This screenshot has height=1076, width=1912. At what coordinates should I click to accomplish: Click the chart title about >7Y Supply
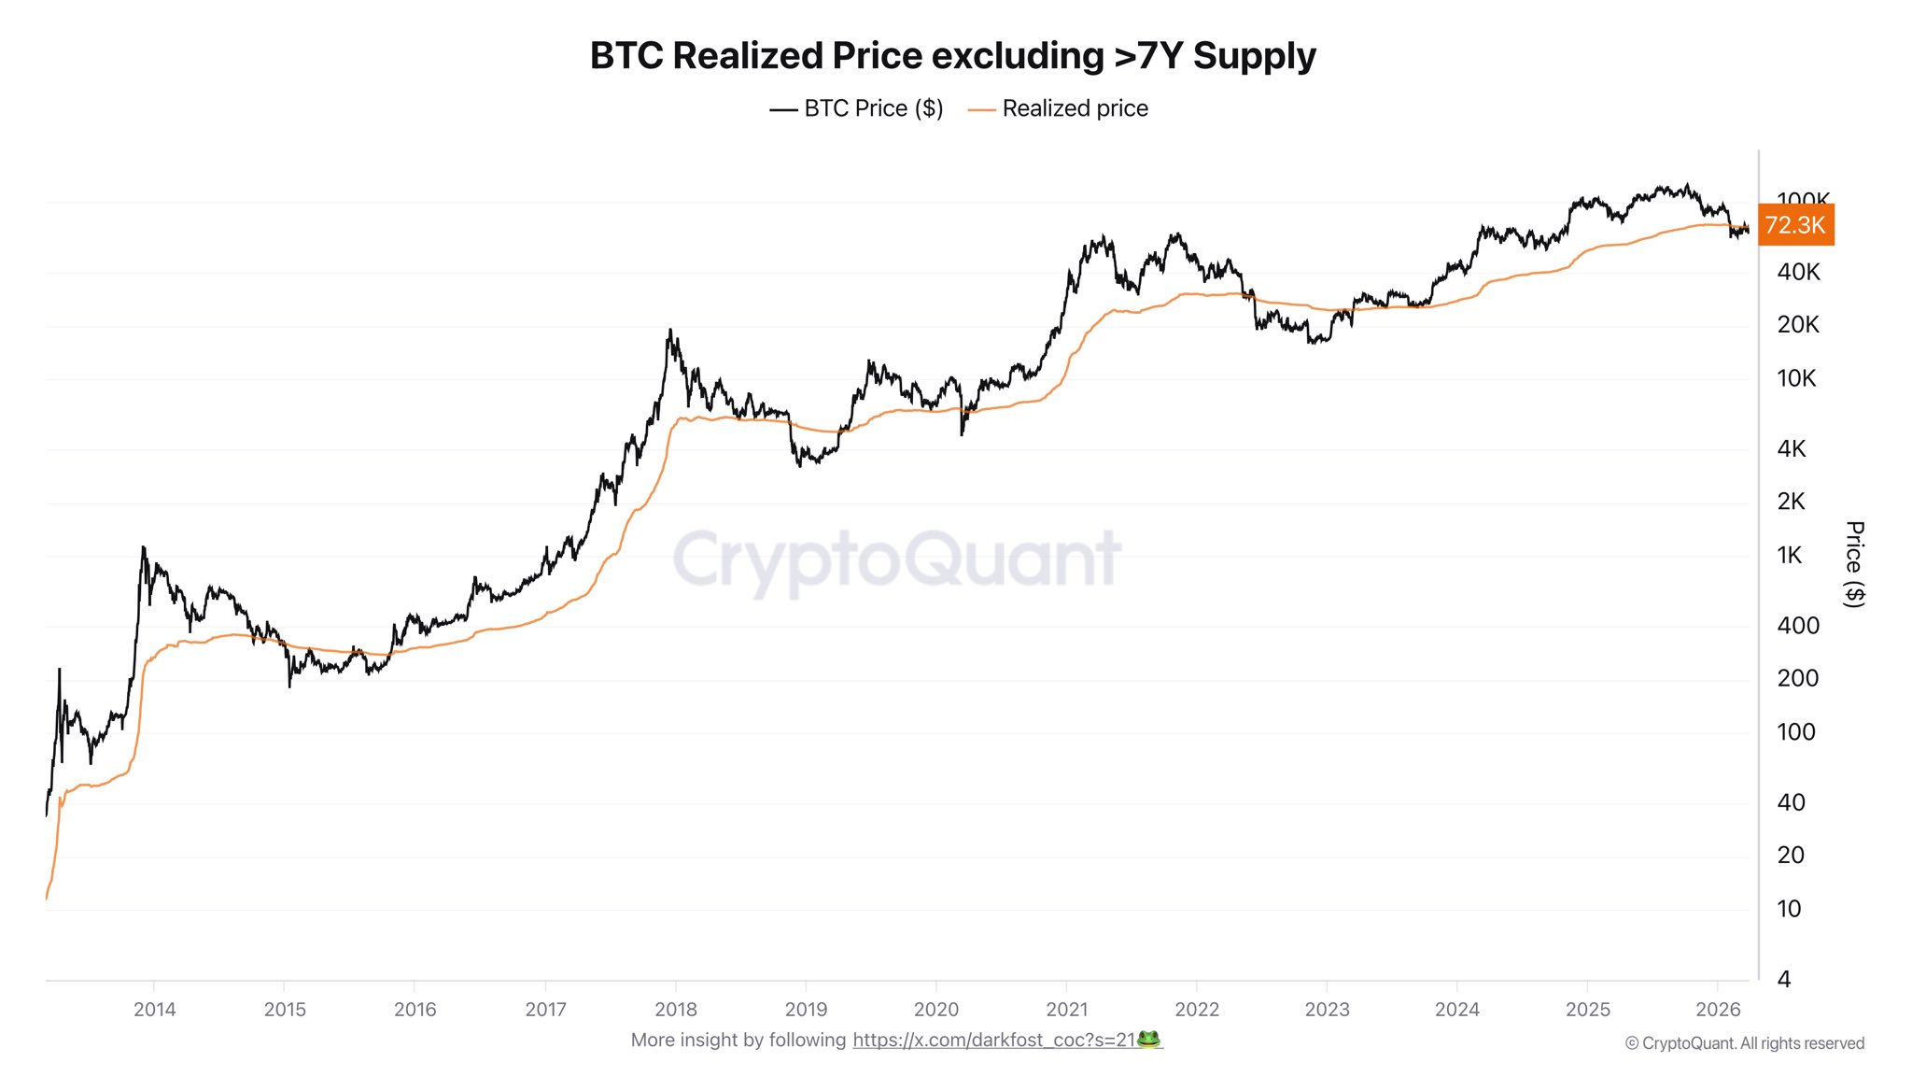952,56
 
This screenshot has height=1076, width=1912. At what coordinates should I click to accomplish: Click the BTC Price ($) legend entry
856,108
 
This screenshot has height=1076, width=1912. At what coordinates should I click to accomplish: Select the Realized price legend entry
1059,108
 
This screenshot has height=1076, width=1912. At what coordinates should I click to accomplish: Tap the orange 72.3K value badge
1795,225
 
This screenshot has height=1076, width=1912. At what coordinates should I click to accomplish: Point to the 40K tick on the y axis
1798,272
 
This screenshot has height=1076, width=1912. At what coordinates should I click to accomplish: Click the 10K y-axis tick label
1796,378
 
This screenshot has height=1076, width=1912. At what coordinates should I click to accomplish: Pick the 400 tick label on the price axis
1798,626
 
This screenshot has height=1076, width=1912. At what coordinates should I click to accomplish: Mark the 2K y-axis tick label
1791,502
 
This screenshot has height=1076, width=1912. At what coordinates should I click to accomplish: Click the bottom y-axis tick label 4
1784,980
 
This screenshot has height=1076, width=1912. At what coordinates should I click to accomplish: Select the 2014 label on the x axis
154,1010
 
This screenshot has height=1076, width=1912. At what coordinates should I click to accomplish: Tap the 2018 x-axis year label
676,1010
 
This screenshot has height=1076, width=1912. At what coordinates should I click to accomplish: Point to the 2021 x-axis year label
1067,1010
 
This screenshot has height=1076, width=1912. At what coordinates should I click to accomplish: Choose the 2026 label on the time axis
1718,1010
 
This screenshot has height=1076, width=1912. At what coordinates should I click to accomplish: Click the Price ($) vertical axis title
1854,564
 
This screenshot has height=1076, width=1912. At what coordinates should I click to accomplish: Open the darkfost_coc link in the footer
993,1041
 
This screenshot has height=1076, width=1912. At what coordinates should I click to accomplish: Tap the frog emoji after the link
1149,1040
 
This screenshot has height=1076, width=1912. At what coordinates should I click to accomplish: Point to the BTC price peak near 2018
670,331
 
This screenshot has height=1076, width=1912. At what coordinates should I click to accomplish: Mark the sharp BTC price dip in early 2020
962,433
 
